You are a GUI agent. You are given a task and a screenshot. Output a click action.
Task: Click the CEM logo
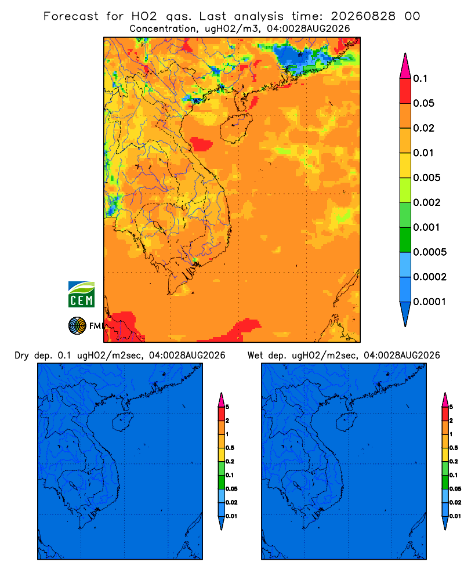81,295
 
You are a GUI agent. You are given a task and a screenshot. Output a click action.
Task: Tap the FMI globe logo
77,325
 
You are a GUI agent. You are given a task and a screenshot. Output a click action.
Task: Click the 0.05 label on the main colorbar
423,103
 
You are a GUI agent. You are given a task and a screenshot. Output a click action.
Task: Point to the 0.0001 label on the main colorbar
430,302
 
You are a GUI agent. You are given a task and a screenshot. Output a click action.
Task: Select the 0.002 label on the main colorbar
427,202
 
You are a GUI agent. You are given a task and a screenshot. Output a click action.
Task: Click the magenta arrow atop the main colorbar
405,66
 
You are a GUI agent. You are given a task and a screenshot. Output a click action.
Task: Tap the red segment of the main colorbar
405,91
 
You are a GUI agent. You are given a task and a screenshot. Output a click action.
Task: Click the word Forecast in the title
71,16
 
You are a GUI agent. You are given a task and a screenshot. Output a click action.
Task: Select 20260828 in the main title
363,16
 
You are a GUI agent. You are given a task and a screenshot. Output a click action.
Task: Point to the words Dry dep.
33,356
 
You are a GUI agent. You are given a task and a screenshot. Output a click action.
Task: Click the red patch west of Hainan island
201,144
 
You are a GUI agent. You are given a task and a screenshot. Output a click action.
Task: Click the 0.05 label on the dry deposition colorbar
231,488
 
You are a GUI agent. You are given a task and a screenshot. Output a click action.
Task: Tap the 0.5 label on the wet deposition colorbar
454,448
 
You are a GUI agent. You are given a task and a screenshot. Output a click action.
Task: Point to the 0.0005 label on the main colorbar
430,252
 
